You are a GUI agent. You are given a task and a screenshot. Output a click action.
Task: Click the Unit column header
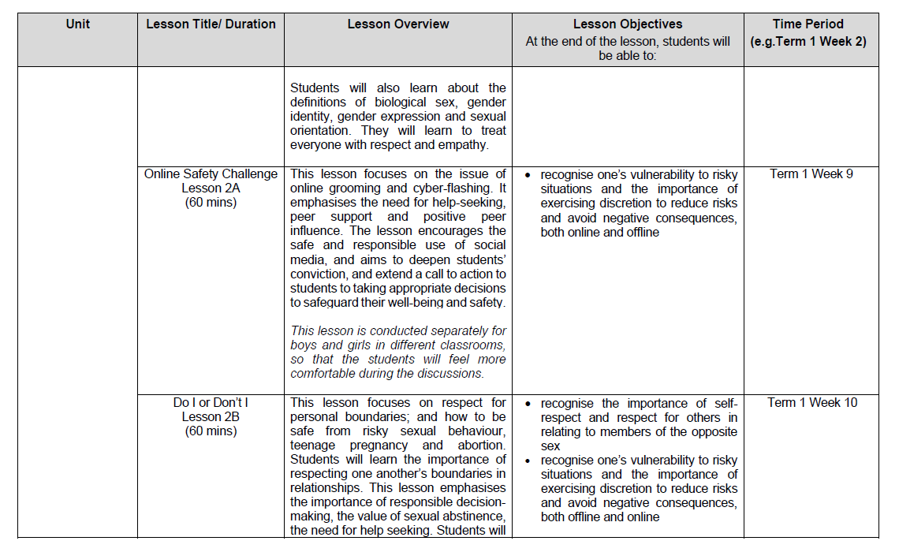pos(77,24)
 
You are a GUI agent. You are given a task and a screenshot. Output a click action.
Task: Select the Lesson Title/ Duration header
pos(211,24)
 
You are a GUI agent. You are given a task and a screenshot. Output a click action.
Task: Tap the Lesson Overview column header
pos(398,24)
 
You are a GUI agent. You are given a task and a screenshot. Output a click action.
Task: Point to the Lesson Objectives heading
pos(628,24)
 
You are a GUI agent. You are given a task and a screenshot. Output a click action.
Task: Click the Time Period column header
pos(808,24)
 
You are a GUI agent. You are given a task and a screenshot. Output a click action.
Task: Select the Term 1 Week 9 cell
pos(811,173)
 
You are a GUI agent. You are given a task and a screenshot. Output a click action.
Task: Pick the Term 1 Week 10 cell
pos(812,402)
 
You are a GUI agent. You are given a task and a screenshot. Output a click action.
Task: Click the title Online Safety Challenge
pos(211,173)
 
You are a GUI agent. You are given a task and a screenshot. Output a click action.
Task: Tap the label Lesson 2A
pos(211,188)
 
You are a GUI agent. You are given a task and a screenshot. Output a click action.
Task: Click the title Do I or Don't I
pos(211,402)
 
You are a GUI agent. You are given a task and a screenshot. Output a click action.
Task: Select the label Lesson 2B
pos(211,416)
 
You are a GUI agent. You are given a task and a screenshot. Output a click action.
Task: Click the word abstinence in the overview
pos(471,516)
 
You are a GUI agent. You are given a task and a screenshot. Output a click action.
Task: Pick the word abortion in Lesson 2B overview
pos(480,445)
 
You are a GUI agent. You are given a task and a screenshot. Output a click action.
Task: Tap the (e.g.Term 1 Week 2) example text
pos(808,41)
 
